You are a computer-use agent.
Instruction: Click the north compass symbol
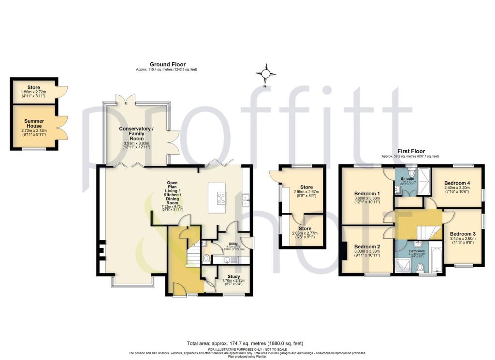coord(265,74)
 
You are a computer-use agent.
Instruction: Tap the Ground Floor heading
coord(167,64)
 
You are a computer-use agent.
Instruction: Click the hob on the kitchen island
coord(221,198)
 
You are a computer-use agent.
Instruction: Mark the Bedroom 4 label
coord(457,183)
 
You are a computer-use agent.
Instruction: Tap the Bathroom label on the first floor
coord(417,251)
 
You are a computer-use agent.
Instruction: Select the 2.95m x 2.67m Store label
coord(303,187)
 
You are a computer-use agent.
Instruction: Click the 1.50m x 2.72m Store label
coord(33,88)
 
